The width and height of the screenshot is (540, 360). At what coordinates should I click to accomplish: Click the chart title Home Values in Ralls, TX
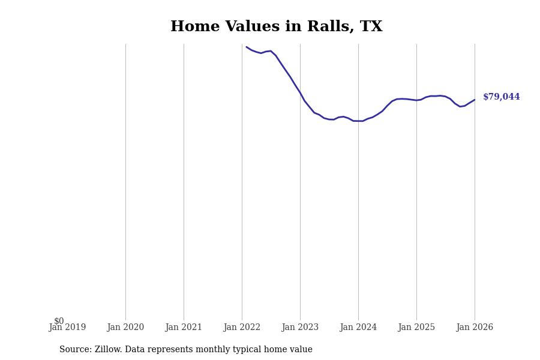(x=276, y=27)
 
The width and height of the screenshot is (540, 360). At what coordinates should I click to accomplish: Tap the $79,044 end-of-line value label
(x=501, y=97)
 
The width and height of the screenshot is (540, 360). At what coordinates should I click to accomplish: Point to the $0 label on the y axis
(x=59, y=321)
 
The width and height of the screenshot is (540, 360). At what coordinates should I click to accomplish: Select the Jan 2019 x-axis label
(x=67, y=328)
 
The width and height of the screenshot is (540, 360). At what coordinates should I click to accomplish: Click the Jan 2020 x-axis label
(x=125, y=328)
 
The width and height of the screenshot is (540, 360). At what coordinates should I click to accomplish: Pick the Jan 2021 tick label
(x=184, y=328)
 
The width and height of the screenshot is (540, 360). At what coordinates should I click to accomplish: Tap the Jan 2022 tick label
(x=242, y=328)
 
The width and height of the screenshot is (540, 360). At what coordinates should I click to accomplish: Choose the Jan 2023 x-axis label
(x=300, y=328)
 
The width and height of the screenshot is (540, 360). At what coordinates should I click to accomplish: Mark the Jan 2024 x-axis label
(x=358, y=328)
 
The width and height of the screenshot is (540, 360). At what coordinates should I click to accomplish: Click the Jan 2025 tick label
(x=416, y=328)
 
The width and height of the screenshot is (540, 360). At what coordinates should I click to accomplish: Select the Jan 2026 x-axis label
(x=475, y=328)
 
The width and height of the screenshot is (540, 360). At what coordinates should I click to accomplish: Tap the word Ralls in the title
(x=325, y=27)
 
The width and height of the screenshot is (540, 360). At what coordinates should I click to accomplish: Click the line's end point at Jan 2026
(x=475, y=100)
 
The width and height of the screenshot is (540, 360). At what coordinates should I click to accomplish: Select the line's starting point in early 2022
(x=247, y=47)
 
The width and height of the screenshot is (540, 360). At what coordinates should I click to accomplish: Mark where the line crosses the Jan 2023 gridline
(x=300, y=93)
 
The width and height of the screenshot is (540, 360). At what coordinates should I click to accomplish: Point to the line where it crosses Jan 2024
(x=358, y=121)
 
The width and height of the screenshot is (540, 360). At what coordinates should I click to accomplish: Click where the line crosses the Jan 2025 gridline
(x=416, y=100)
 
